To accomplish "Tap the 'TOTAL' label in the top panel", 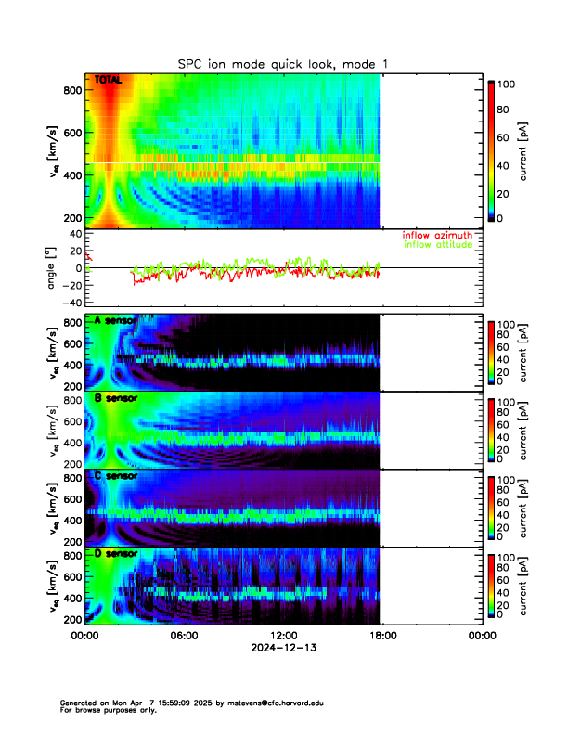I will coord(109,82).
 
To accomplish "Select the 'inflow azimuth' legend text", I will coord(436,236).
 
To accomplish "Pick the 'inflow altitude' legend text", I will coord(436,245).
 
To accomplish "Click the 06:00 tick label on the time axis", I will coord(184,637).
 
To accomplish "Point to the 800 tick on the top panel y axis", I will coord(71,89).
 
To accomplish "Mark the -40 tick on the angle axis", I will coord(69,303).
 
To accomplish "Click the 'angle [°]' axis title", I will coord(53,268).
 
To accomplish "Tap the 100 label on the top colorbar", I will coord(506,84).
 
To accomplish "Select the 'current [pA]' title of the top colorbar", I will coord(524,151).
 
